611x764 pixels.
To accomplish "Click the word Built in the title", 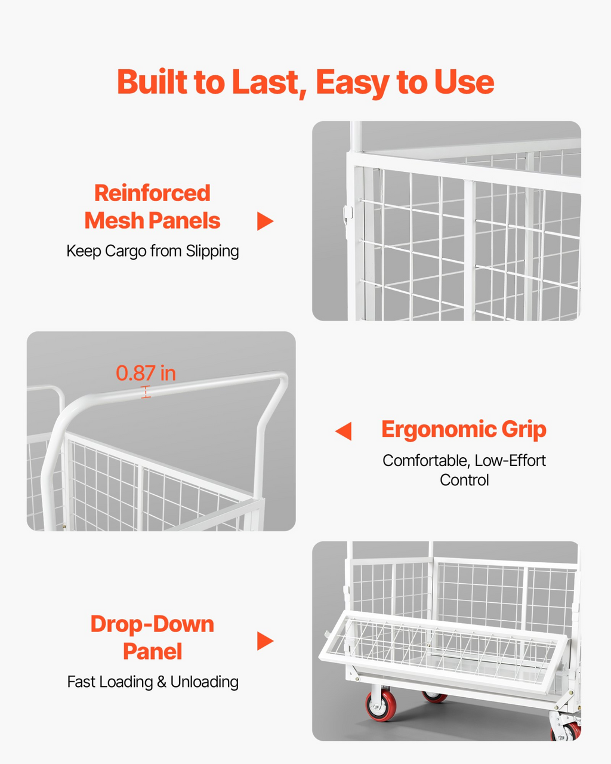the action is (x=152, y=82).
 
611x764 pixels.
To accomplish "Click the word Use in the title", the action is (x=464, y=82).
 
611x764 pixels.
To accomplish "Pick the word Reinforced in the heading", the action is (x=152, y=193).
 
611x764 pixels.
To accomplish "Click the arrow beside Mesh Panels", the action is (x=265, y=221).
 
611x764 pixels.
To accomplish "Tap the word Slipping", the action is (x=212, y=251).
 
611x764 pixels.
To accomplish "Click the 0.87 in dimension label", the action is (x=146, y=373).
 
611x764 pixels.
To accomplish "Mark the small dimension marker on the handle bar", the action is (x=146, y=392).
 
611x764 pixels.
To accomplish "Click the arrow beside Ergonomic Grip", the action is (x=343, y=431).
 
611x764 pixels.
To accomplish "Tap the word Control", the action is (x=464, y=480).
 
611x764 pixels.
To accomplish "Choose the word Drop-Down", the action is (x=152, y=624).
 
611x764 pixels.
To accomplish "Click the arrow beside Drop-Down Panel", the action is (x=265, y=641).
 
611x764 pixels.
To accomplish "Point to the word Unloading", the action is (x=204, y=682).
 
